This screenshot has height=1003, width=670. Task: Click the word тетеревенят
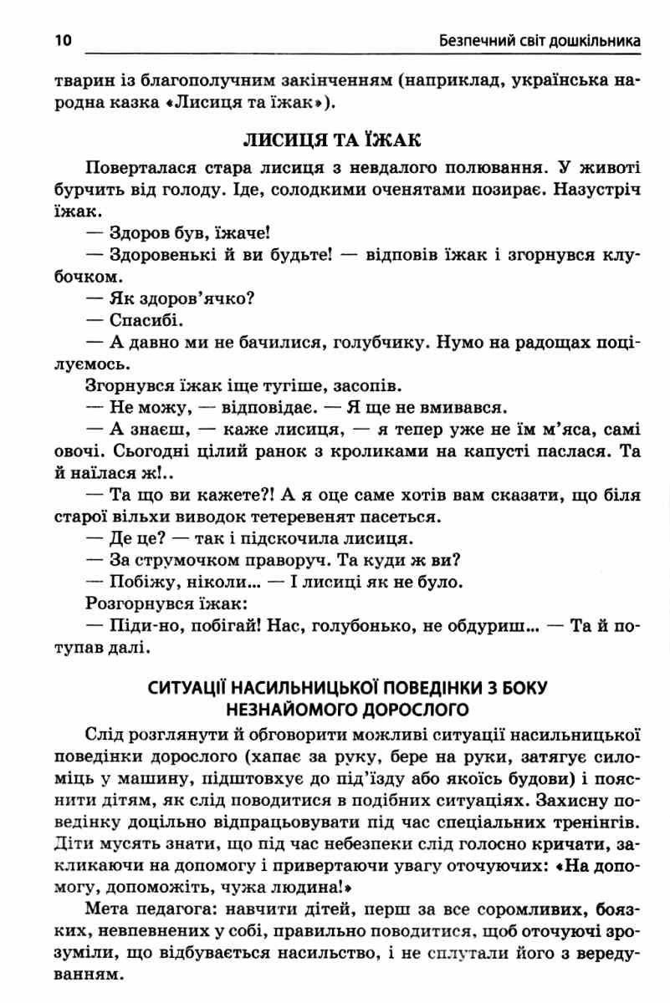click(x=326, y=516)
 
